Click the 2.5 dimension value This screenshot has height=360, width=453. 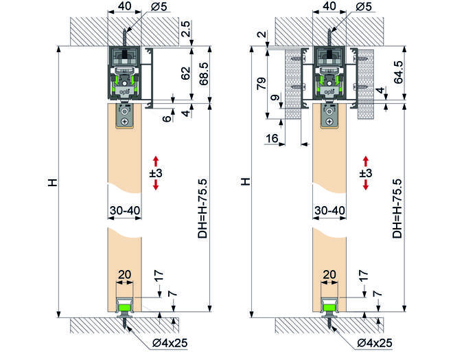[186, 29]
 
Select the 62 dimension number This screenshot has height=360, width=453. [186, 73]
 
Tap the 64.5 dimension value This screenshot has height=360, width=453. [398, 72]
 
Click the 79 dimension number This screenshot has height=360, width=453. [262, 84]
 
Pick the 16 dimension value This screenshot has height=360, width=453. [272, 139]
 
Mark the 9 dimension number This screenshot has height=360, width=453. [276, 98]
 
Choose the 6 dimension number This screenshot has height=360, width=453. [167, 119]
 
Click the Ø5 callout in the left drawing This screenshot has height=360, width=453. [159, 6]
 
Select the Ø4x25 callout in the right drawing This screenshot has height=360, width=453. [375, 343]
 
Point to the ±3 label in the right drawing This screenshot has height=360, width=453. [366, 173]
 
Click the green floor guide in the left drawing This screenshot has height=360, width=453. [125, 306]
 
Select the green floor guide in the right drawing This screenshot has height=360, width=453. [329, 306]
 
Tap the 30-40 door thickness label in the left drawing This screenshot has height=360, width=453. [125, 210]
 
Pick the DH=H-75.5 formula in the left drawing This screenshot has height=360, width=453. [202, 208]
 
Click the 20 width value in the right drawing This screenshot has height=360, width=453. [329, 274]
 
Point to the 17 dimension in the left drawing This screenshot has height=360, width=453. [159, 275]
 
